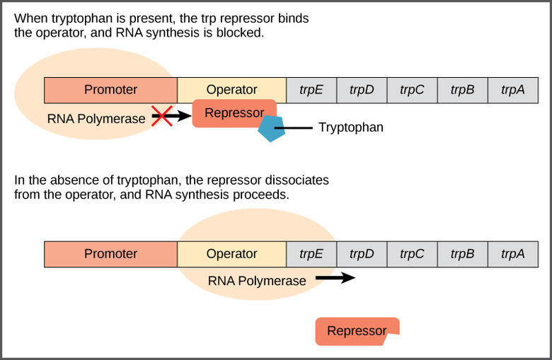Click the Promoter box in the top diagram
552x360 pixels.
[110, 90]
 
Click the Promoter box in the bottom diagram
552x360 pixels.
[110, 254]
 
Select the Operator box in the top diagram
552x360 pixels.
[231, 90]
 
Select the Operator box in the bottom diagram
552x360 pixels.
[231, 254]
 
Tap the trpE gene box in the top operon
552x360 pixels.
[311, 90]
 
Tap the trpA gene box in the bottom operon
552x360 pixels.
[512, 254]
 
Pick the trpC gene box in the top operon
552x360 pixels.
[412, 90]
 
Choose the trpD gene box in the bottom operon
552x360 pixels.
[361, 254]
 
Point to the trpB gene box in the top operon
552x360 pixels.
[462, 90]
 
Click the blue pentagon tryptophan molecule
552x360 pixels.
[271, 129]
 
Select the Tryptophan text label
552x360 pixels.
[350, 128]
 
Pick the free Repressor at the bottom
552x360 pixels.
[357, 331]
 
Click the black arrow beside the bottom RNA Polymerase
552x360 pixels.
[335, 278]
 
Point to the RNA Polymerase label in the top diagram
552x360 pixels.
[96, 119]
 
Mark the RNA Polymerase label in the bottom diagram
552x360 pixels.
[257, 281]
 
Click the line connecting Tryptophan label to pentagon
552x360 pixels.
[297, 128]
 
